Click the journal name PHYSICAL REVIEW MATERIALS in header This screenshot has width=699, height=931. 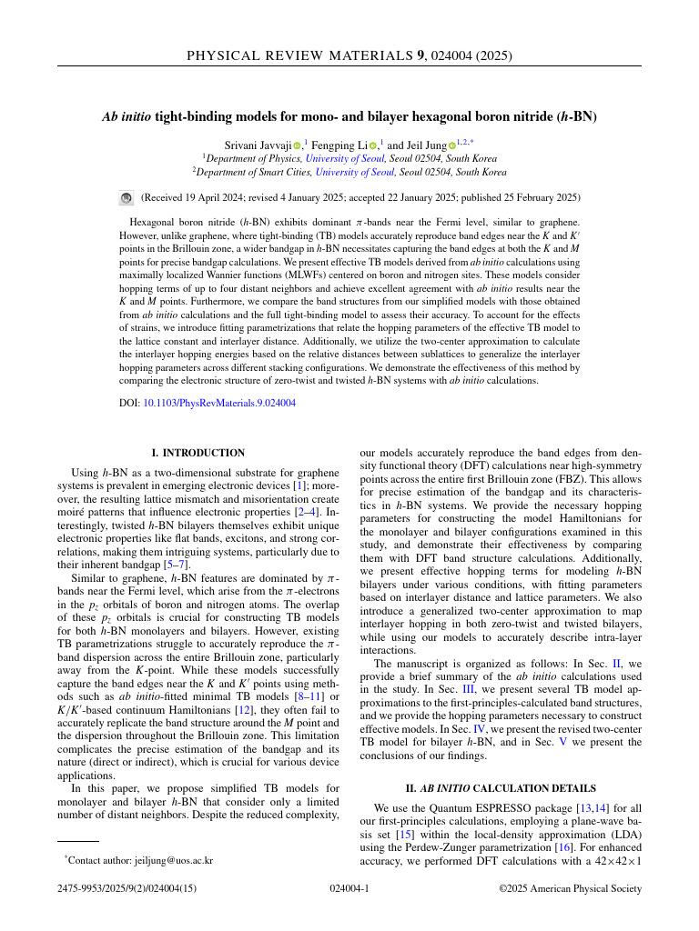point(300,56)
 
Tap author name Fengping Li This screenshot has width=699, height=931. point(341,145)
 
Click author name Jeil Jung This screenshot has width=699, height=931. point(424,145)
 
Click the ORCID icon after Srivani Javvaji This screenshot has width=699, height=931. point(297,145)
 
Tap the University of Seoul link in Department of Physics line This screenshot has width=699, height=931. point(339,157)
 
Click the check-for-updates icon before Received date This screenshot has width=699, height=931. point(127,197)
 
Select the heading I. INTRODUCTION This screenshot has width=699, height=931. point(198,453)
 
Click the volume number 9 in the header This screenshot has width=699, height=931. point(420,56)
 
